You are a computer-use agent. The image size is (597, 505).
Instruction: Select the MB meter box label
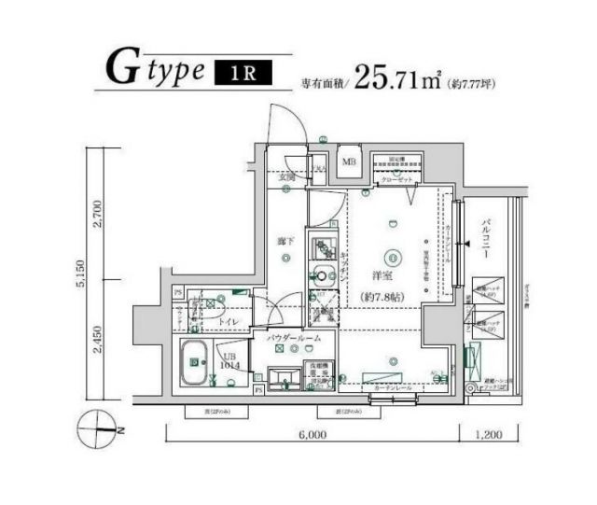(x=349, y=162)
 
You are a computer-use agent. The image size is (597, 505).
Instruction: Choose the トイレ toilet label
(x=229, y=322)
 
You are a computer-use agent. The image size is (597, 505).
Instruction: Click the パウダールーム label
(x=295, y=339)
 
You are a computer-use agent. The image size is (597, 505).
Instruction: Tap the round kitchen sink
(x=321, y=275)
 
